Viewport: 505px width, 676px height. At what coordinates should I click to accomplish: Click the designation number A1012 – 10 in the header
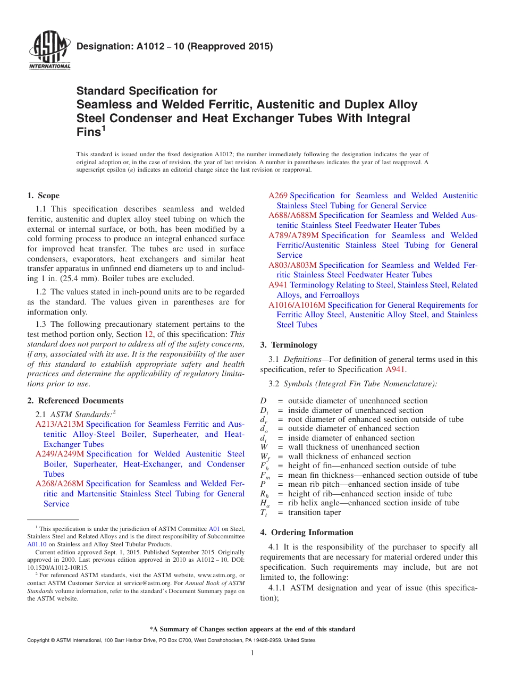(175, 46)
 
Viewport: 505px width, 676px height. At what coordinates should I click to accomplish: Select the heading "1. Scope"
(44, 196)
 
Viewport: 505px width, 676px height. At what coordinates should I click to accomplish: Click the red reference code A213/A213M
(59, 424)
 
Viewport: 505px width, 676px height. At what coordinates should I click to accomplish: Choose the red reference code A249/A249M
(60, 454)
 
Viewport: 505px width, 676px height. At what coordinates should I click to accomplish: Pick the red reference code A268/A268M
(59, 484)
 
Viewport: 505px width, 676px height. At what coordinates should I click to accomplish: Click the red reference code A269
(278, 196)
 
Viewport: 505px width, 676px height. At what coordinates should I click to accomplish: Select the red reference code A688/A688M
(292, 215)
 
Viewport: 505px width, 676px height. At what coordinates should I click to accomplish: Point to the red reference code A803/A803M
(292, 265)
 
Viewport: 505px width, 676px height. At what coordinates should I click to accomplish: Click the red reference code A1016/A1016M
(297, 305)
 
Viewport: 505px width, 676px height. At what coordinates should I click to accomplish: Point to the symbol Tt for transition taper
(263, 513)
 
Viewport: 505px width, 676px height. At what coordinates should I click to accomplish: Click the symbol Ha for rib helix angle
(264, 503)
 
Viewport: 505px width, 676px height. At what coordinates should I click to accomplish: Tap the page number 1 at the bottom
(252, 653)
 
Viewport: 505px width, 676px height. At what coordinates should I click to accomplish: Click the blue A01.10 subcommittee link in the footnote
(37, 544)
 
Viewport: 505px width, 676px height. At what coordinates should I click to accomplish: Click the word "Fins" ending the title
(89, 132)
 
